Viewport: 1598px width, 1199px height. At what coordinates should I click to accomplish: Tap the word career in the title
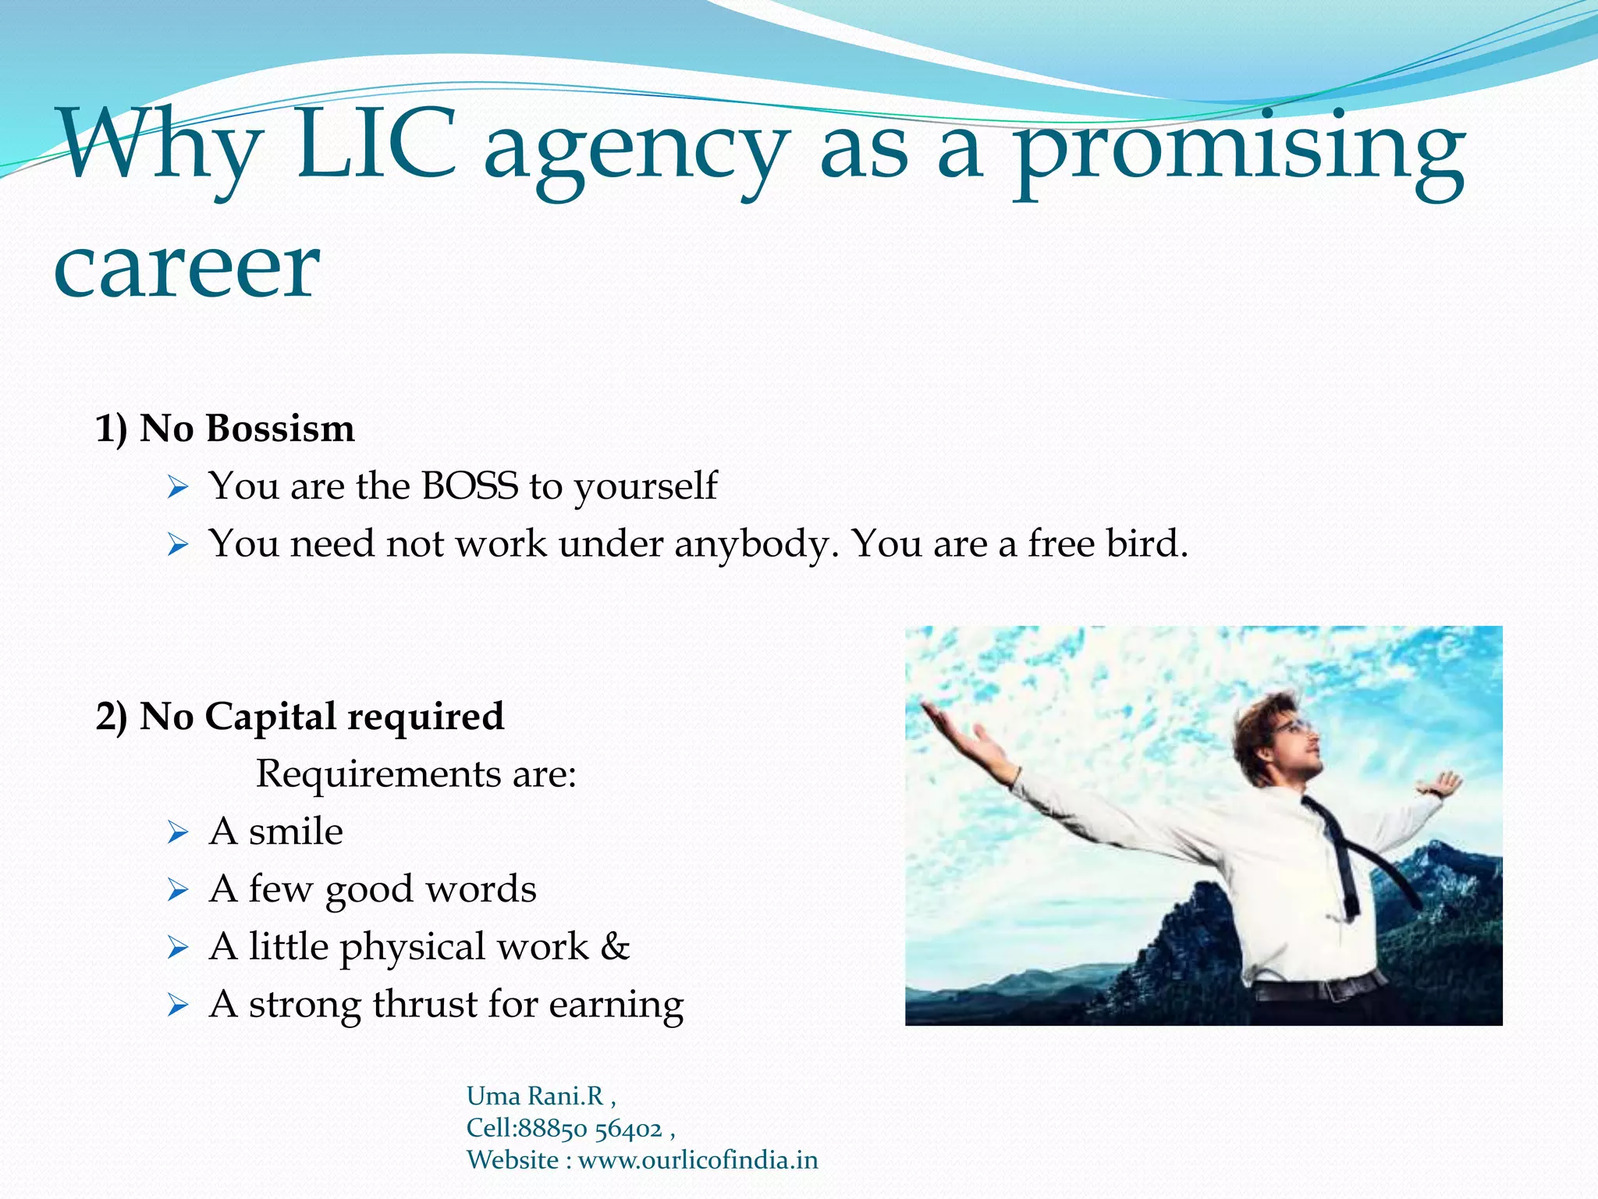(187, 269)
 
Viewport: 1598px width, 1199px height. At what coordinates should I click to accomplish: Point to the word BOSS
(470, 486)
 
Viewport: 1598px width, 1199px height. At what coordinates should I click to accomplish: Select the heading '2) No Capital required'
(300, 717)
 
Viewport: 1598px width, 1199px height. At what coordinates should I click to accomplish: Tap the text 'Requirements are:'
(416, 774)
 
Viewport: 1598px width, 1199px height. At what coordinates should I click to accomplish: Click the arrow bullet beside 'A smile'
(178, 833)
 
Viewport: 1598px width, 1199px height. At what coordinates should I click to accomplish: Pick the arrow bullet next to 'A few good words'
(178, 890)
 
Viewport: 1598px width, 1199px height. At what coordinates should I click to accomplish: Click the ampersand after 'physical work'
(615, 947)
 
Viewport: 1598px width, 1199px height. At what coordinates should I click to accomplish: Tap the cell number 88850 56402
(590, 1129)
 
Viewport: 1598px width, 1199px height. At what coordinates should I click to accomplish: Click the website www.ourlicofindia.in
(698, 1161)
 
